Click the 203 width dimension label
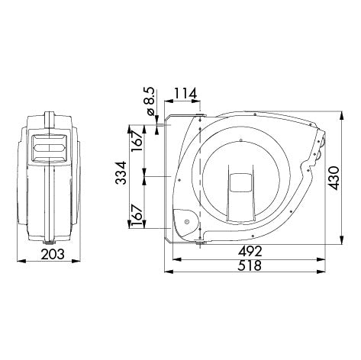(53, 254)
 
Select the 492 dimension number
(250, 252)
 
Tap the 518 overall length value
(250, 265)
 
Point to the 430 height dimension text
(334, 178)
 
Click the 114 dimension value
(185, 94)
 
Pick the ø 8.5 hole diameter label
(150, 101)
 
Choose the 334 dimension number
(121, 172)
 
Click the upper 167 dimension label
(137, 141)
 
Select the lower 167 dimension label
(137, 216)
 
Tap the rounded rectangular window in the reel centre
(240, 182)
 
